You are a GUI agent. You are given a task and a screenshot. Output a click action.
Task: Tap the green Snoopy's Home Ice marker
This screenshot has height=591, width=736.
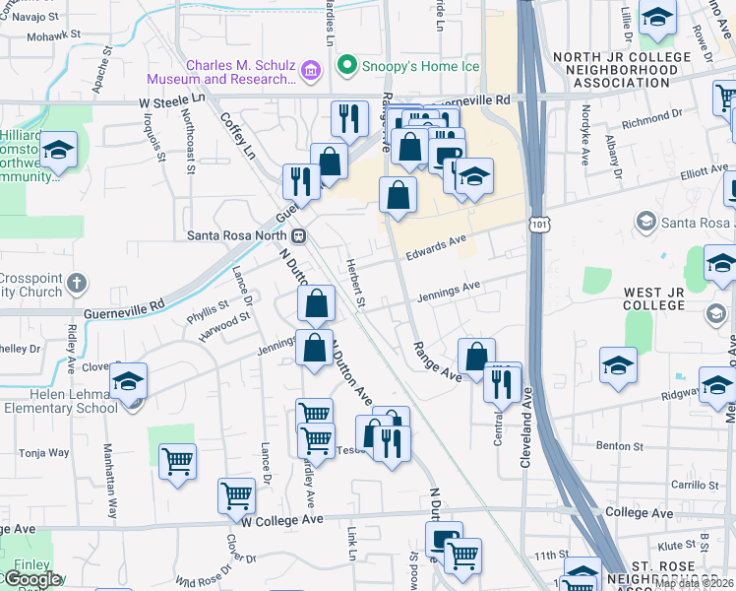point(346,67)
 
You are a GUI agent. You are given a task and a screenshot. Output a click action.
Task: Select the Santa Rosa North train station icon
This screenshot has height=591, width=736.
point(298,235)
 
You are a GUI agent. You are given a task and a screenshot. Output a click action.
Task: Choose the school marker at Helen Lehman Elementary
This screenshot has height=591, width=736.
point(128,381)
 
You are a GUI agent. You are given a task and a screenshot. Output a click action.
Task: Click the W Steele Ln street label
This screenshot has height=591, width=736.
point(171,100)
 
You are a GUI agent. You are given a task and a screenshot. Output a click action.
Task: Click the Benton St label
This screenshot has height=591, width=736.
point(623,446)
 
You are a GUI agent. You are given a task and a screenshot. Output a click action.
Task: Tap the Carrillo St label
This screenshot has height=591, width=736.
point(695,485)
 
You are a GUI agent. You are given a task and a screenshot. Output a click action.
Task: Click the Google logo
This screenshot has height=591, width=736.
point(31,579)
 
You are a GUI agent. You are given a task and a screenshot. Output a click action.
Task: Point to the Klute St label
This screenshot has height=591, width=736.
point(676,544)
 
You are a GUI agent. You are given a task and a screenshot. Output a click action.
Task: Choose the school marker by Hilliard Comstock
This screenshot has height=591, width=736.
point(59,151)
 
